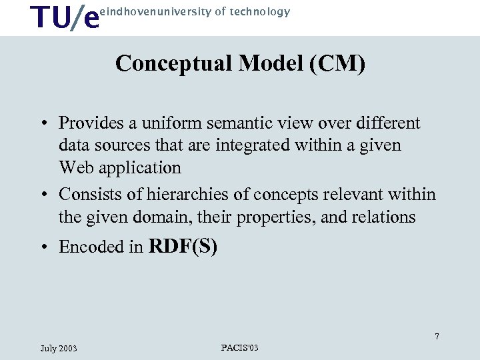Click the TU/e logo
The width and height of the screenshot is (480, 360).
pyautogui.click(x=65, y=17)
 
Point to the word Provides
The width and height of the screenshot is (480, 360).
pyautogui.click(x=89, y=123)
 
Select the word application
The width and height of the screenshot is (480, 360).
pyautogui.click(x=140, y=167)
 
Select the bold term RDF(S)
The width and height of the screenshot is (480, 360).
pyautogui.click(x=183, y=246)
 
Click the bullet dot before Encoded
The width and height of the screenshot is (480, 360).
pyautogui.click(x=43, y=247)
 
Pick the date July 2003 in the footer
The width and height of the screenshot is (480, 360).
pyautogui.click(x=59, y=348)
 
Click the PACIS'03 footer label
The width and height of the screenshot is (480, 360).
pyautogui.click(x=239, y=347)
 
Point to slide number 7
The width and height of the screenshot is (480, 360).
pyautogui.click(x=437, y=337)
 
